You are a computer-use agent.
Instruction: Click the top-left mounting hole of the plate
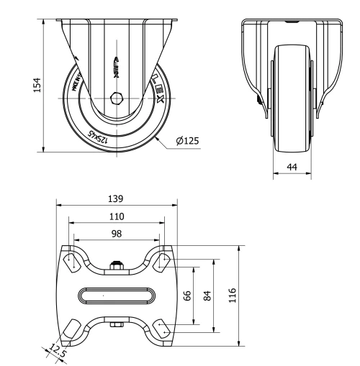(73, 262)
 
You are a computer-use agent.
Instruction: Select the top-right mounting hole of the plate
(161, 262)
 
